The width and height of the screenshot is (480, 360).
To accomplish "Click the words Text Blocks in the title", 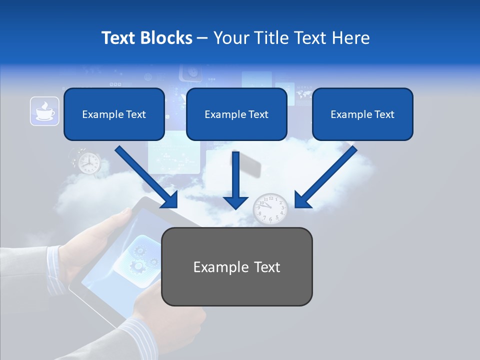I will pos(146,38).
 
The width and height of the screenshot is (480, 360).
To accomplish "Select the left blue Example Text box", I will pos(114,114).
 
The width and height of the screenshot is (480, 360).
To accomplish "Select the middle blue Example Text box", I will pos(236,114).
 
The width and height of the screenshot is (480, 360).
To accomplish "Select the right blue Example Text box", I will pos(362,114).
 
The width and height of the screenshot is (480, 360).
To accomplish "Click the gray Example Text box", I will pos(236,266).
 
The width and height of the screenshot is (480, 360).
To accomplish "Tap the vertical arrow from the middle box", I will pos(235,180).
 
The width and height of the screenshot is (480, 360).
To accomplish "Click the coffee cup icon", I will pos(44,111).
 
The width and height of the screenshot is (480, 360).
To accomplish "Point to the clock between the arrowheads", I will pos(270,208).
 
